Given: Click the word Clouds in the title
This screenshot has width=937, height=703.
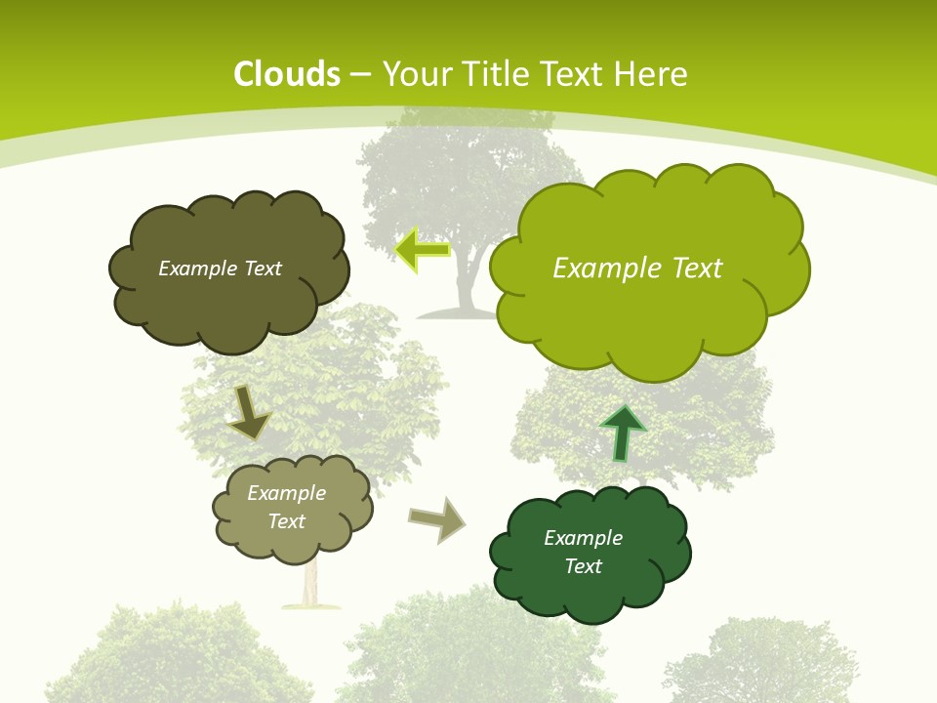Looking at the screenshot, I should coord(287,74).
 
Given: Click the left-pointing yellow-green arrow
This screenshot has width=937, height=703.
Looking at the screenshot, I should coord(423,250).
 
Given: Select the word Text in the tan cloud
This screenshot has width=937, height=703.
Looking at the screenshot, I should coord(287,521).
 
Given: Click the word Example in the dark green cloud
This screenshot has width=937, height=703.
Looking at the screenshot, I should coord(583,538).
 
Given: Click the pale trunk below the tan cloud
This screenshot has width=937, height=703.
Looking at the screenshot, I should coord(311,586).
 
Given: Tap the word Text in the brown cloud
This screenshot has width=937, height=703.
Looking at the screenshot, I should coord(261,269).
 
